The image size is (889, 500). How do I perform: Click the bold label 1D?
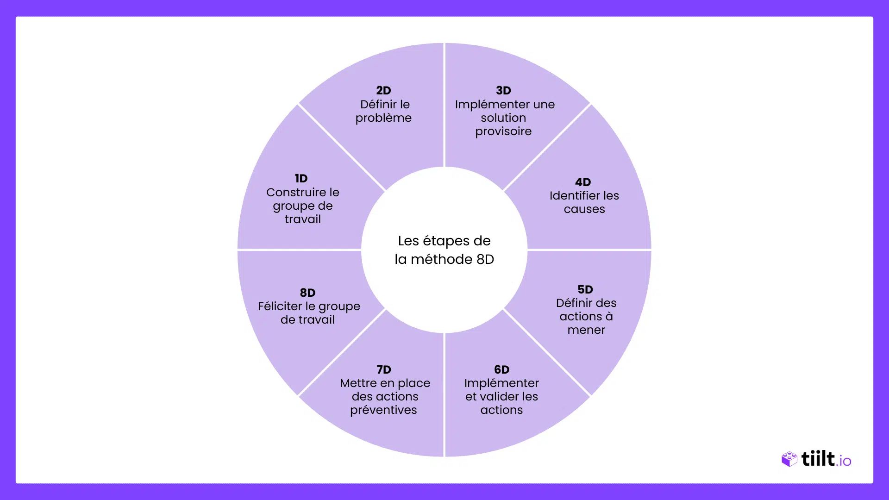tap(301, 179)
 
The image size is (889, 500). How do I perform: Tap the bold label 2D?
tap(383, 90)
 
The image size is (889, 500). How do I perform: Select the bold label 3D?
tap(503, 90)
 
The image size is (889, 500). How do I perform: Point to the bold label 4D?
tap(583, 182)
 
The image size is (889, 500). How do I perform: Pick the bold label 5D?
tap(585, 289)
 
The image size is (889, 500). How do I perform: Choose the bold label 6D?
tap(501, 369)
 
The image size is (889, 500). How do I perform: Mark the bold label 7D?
tap(384, 369)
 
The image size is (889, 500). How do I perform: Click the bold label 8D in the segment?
tap(307, 293)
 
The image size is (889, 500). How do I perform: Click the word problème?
tap(383, 119)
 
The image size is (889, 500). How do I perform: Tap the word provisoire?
tap(503, 132)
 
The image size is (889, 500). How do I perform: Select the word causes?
tap(584, 209)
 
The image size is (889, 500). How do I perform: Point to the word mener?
tap(586, 330)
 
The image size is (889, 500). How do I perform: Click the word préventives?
tap(383, 411)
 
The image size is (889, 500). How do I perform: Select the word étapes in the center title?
tap(446, 242)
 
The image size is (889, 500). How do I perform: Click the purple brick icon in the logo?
tap(789, 459)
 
